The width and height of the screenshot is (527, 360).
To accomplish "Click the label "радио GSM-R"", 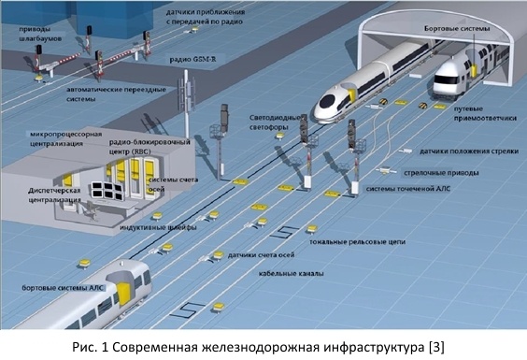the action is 192,60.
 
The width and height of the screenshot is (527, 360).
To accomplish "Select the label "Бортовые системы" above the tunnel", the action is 457,29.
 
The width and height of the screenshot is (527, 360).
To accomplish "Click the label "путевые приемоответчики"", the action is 485,113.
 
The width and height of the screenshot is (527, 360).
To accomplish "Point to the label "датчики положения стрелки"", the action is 469,151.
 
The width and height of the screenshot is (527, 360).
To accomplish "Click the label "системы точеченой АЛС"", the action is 408,189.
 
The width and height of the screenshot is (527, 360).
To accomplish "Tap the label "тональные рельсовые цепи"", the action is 357,241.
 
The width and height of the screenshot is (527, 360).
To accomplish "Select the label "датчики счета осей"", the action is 261,254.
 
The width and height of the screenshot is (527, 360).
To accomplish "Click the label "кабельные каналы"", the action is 291,273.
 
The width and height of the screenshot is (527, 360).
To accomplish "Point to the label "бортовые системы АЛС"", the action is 64,288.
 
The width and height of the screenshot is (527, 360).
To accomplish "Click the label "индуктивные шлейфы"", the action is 158,227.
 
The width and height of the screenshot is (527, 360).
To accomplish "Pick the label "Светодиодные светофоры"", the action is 275,122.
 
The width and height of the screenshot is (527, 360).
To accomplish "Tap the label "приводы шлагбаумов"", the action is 40,34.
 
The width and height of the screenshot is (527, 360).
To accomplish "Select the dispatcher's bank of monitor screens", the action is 107,191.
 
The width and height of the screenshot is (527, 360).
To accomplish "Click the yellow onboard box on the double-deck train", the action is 475,70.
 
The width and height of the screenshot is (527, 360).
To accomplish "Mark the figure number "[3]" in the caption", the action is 437,347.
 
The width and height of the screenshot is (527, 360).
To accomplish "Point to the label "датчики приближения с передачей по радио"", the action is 206,17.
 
